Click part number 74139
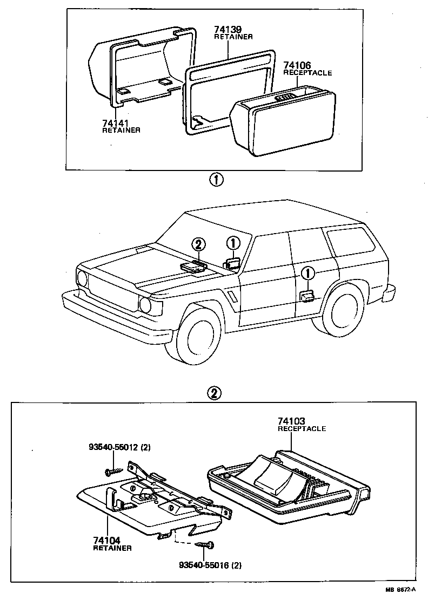click(x=227, y=30)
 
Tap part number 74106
click(x=297, y=65)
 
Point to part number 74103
click(x=292, y=421)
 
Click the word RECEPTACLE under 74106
click(x=307, y=73)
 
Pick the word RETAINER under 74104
click(x=112, y=548)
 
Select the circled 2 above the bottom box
click(x=215, y=393)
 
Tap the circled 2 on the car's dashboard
click(x=198, y=244)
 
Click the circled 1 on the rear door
click(x=306, y=274)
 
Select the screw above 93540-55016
click(x=204, y=547)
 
